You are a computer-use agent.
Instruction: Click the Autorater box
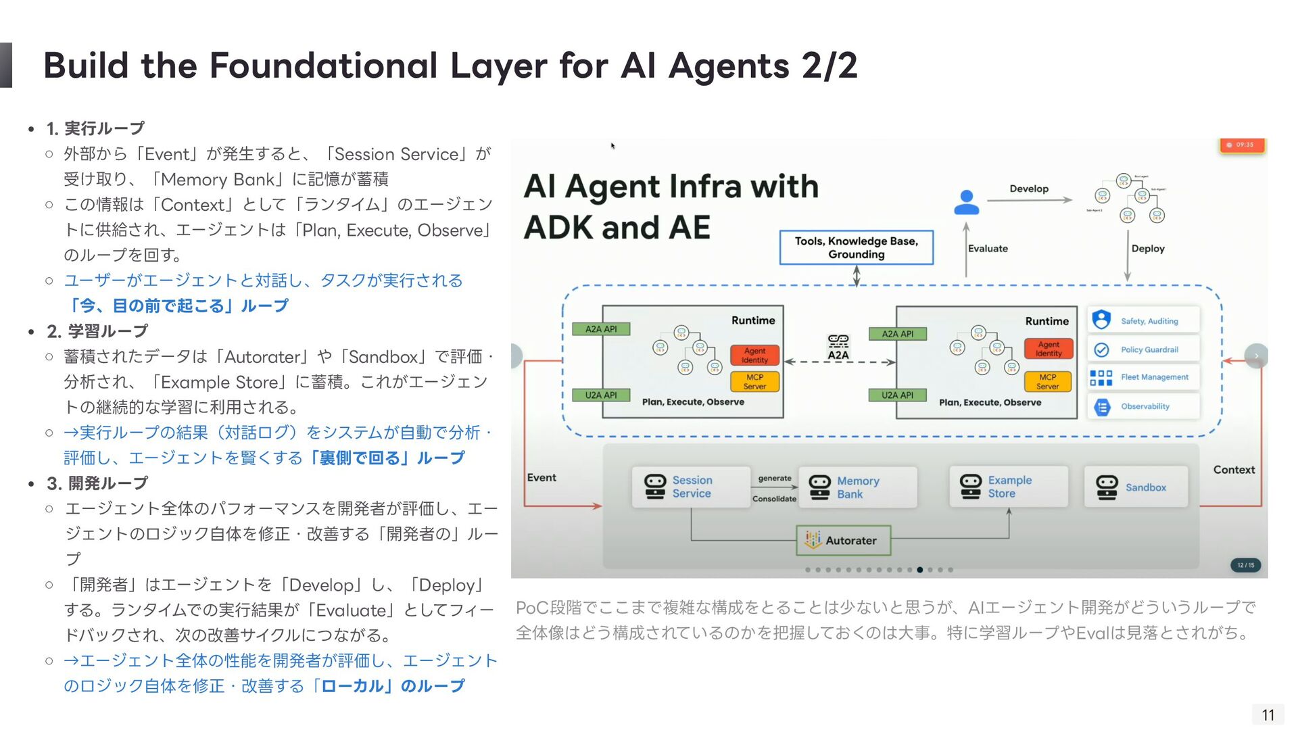point(843,540)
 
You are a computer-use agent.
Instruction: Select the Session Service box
point(690,487)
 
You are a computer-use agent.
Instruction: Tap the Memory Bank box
point(857,487)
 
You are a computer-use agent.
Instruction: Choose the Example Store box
point(1008,487)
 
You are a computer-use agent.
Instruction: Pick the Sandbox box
point(1135,487)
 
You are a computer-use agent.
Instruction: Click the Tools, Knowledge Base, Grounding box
point(856,247)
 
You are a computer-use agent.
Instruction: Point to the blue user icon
point(966,202)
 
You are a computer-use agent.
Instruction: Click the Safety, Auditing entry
point(1143,320)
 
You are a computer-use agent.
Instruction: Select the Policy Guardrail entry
point(1143,349)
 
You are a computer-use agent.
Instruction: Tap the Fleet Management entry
point(1143,377)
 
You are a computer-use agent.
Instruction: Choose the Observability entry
point(1143,406)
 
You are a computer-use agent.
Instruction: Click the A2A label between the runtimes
point(838,355)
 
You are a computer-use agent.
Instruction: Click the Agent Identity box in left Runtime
point(754,355)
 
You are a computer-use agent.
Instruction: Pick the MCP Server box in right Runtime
point(1047,382)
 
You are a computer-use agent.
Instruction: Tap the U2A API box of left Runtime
point(600,395)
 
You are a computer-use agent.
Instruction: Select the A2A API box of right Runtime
point(897,333)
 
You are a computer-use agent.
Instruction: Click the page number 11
point(1268,714)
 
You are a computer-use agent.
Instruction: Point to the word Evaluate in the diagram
point(988,248)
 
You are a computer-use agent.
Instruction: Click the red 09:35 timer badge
point(1242,145)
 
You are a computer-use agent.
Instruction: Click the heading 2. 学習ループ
point(97,331)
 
